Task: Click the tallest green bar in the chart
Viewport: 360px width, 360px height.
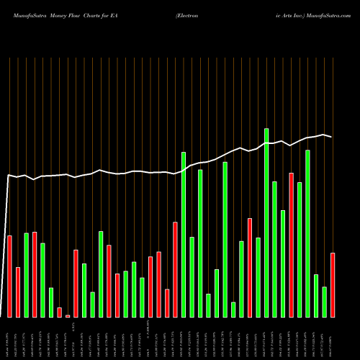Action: (266, 222)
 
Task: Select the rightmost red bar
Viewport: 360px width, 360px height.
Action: (333, 284)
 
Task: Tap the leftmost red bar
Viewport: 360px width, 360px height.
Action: (9, 276)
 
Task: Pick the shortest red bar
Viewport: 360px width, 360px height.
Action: (68, 315)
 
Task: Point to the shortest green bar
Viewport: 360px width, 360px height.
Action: (233, 309)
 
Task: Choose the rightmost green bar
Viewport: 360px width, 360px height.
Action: (324, 302)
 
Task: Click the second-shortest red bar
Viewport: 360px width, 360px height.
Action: (59, 312)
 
